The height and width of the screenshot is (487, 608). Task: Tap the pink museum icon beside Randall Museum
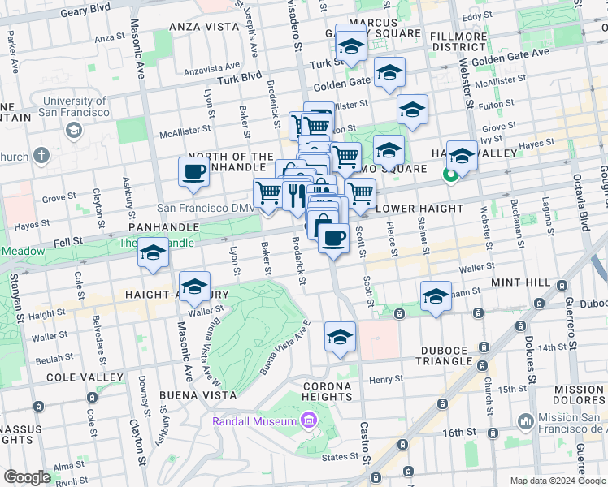[x=308, y=420]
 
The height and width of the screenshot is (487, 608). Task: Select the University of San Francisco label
[x=75, y=106]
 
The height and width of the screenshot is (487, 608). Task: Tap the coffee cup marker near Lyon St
[x=193, y=172]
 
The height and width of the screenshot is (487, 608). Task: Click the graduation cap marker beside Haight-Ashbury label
[x=194, y=287]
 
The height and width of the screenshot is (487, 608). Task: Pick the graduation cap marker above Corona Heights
[x=340, y=337]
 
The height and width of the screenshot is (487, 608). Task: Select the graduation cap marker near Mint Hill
[x=436, y=296]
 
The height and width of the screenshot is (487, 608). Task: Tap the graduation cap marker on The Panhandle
[x=152, y=252]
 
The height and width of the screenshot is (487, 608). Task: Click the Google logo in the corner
[x=27, y=477]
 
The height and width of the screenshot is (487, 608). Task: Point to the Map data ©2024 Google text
[x=557, y=481]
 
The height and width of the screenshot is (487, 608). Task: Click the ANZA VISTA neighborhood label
[x=197, y=27]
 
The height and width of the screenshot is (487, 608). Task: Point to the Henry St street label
[x=385, y=379]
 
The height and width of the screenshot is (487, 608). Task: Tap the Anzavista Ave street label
[x=212, y=68]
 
